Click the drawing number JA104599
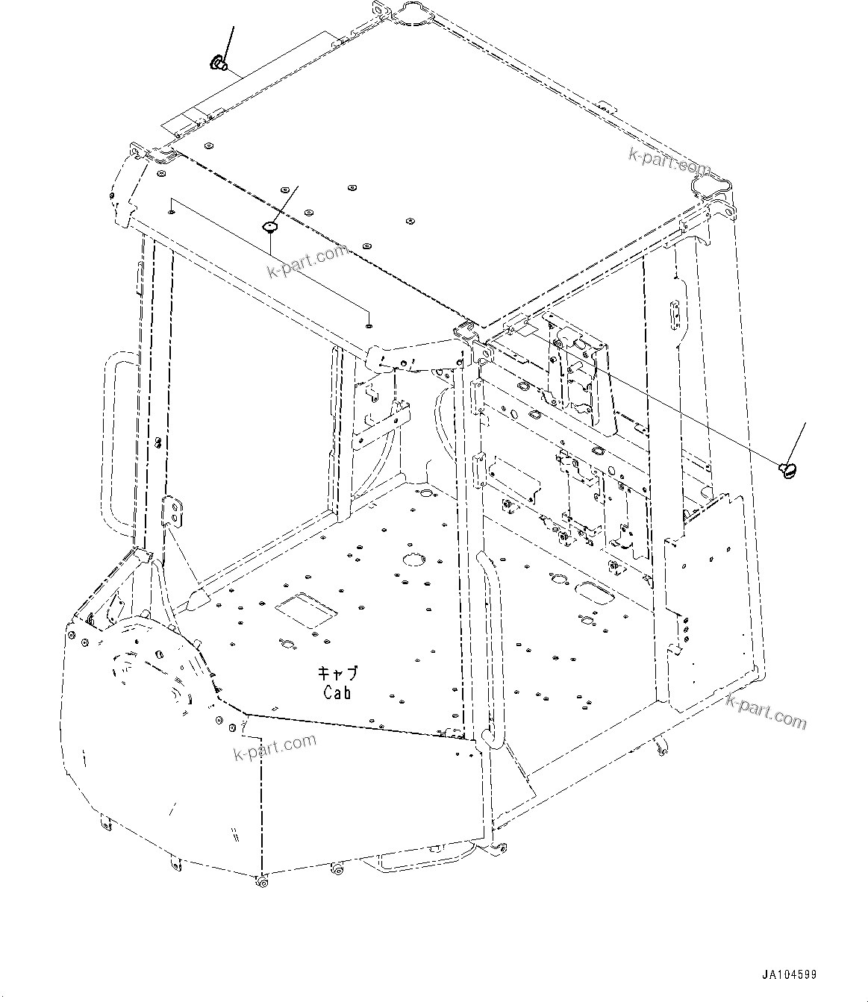pyautogui.click(x=790, y=974)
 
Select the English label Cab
pyautogui.click(x=337, y=692)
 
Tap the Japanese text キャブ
pyautogui.click(x=337, y=673)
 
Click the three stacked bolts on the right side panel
pyautogui.click(x=685, y=627)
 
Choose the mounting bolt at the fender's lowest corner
pyautogui.click(x=263, y=883)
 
